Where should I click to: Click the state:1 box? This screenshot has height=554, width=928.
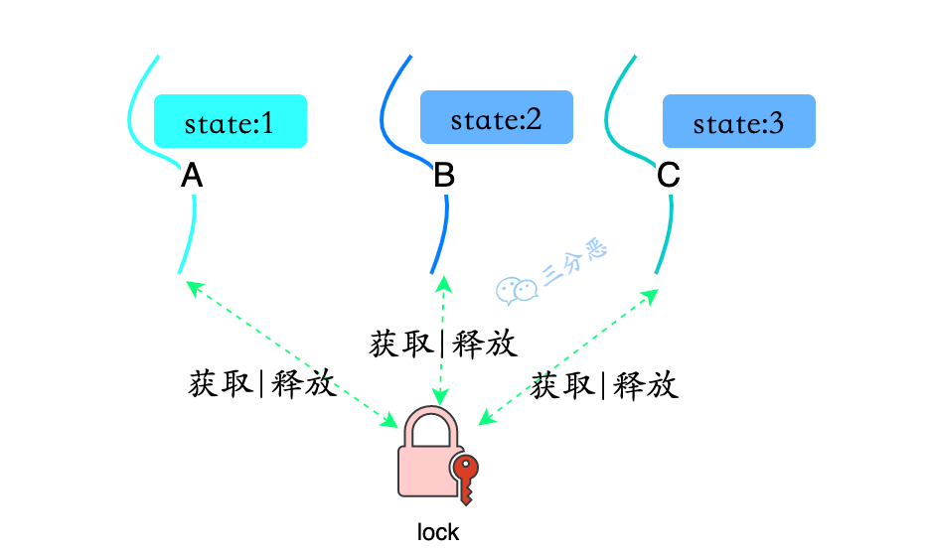pos(230,122)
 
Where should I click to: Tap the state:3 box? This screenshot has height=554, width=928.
pos(738,122)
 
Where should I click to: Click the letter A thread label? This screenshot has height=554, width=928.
pos(192,177)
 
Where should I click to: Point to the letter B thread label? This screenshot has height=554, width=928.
pos(444,177)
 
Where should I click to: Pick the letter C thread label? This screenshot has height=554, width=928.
pos(669,177)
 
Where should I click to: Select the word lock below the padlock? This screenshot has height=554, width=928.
pos(438,532)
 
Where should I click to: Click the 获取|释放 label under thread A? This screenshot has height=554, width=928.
pos(262,384)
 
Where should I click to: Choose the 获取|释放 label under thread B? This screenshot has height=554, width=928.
pos(443,344)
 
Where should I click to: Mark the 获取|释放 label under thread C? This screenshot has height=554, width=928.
pos(604,385)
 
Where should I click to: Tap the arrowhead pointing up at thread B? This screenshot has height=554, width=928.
pos(444,284)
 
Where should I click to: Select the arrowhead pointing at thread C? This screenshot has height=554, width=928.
pos(650,295)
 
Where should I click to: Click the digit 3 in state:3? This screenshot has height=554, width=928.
pos(775,124)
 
